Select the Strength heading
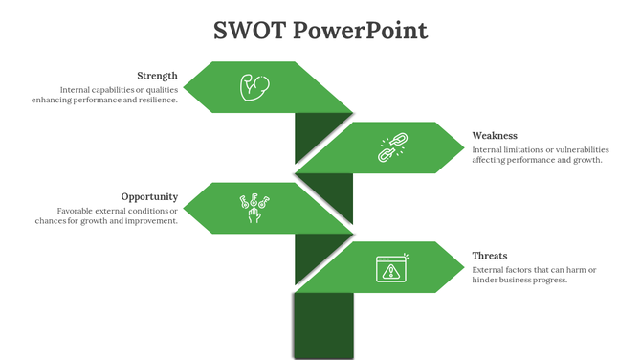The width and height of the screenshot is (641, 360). [157, 76]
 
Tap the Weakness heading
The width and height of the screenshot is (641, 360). [495, 136]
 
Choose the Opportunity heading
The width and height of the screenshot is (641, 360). [149, 196]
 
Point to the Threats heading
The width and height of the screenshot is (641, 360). [490, 256]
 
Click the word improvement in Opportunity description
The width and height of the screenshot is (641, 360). [149, 221]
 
